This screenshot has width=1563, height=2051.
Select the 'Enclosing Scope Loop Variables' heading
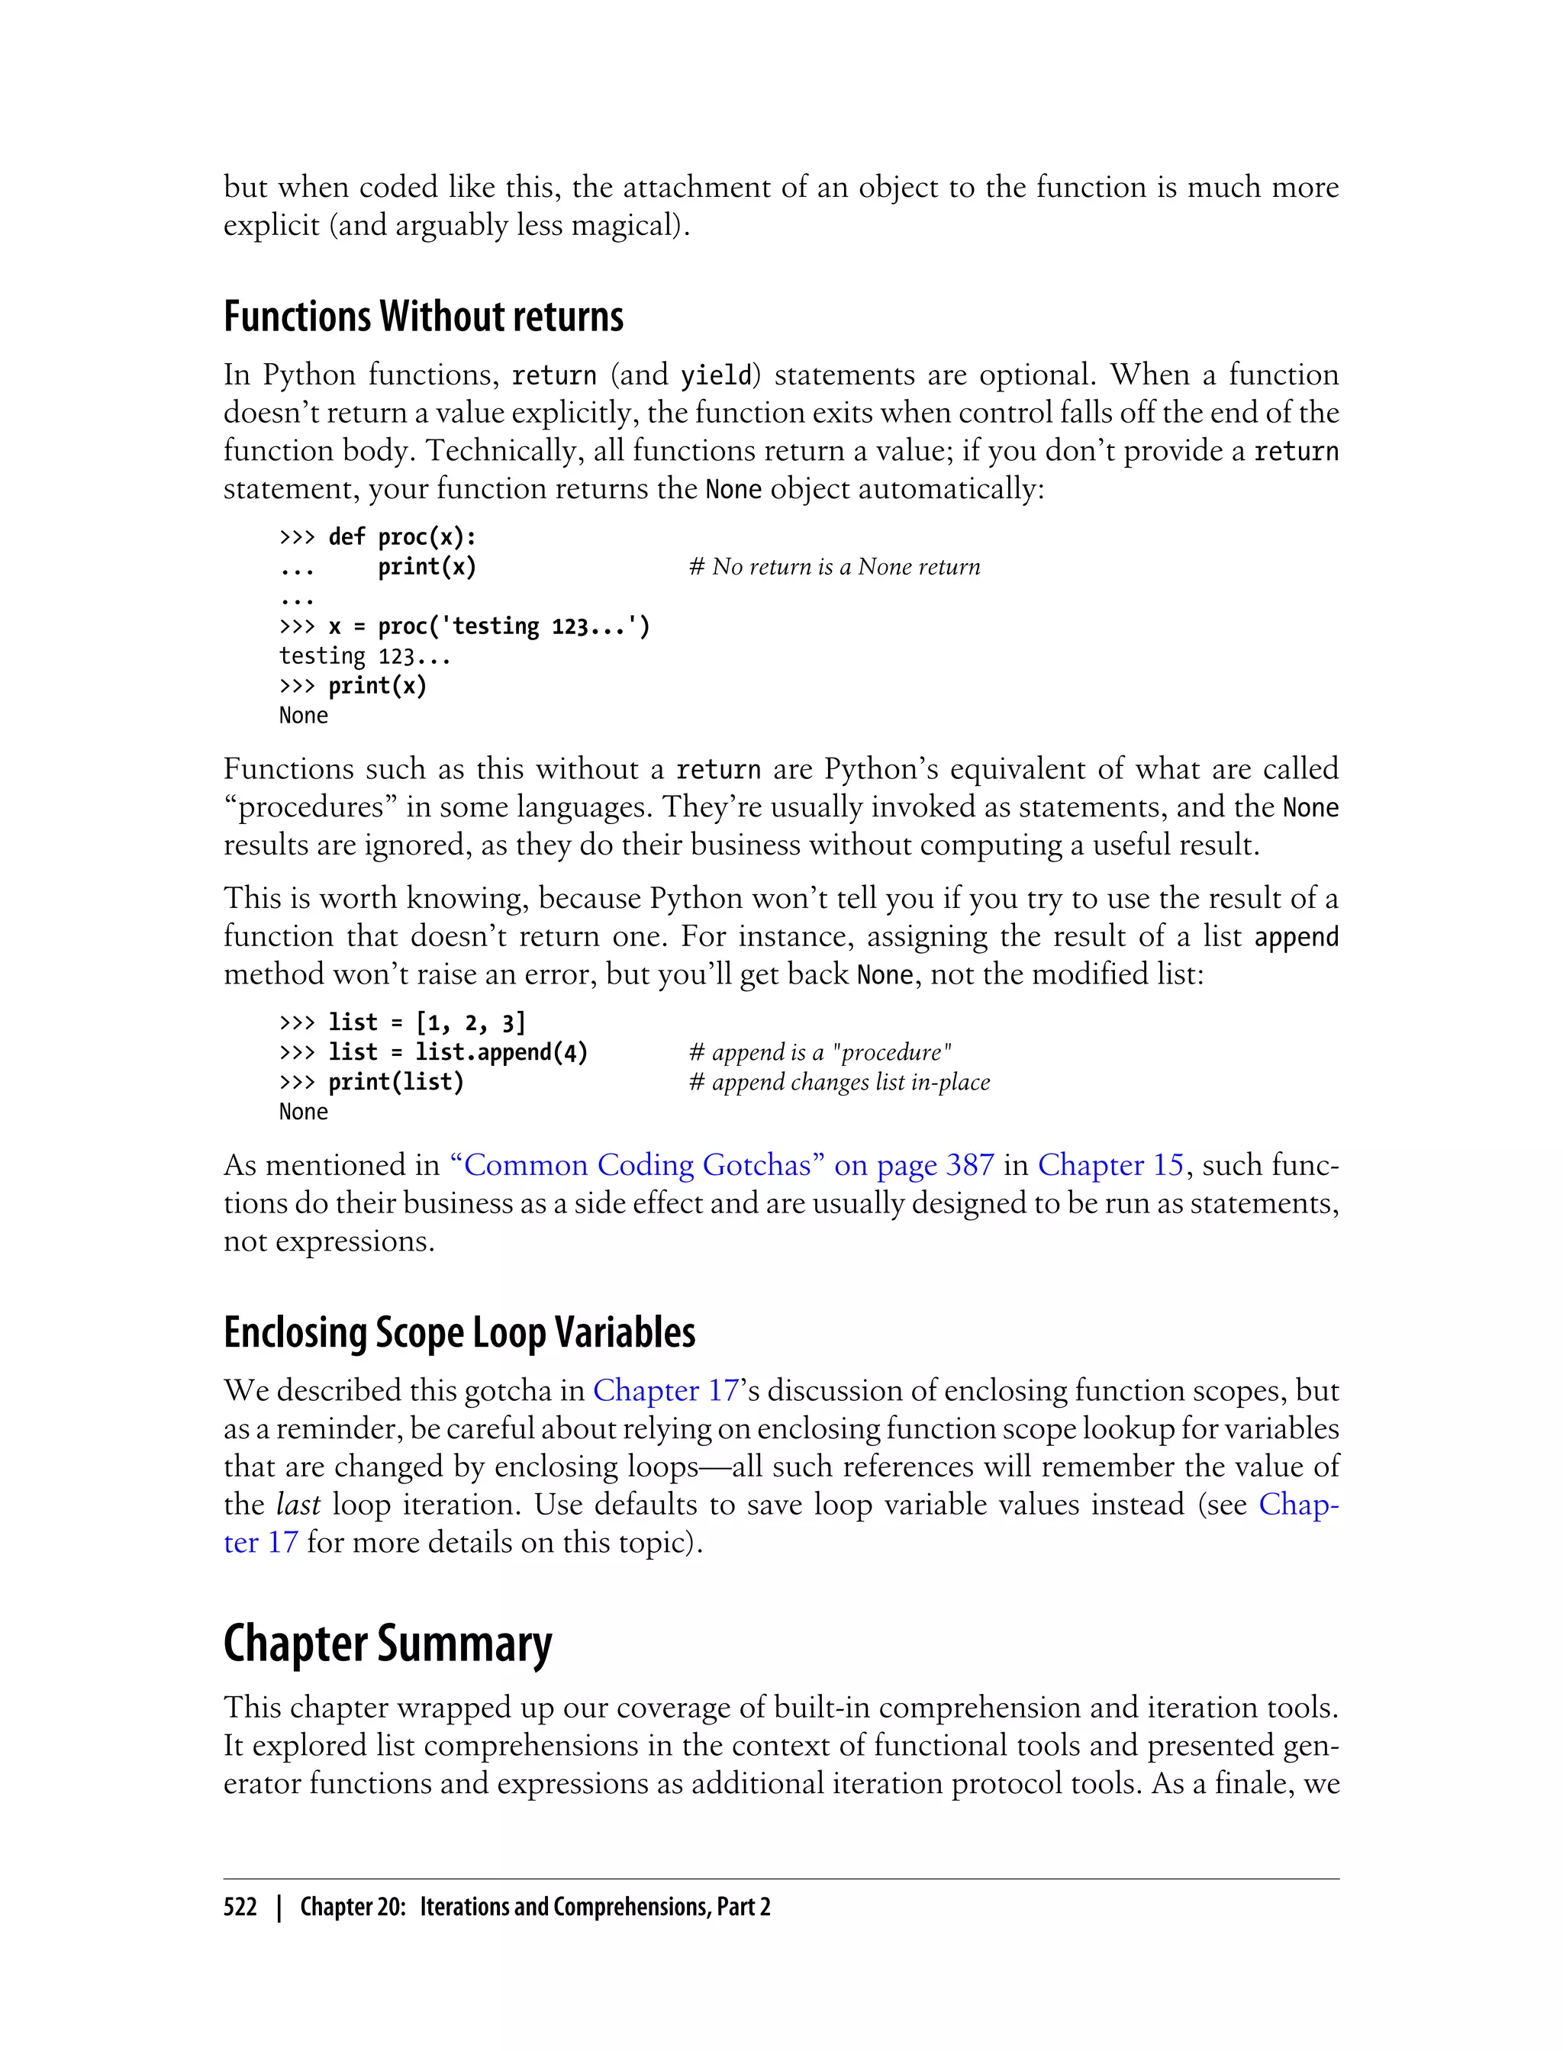pos(459,1332)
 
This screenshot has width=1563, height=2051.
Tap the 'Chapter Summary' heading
pos(387,1644)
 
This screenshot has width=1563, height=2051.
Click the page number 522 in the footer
pos(240,1907)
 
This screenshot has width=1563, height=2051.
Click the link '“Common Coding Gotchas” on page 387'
pos(722,1164)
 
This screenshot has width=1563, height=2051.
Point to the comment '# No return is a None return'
pos(834,566)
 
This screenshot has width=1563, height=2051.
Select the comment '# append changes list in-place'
pos(840,1082)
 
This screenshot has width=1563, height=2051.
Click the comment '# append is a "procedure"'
pos(820,1052)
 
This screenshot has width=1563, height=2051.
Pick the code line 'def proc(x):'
pos(402,536)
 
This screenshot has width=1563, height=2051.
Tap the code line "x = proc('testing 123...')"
pos(488,626)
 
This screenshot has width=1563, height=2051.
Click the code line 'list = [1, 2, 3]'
pos(427,1022)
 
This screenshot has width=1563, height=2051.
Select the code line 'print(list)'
pos(395,1082)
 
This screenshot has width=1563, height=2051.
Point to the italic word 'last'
pos(298,1504)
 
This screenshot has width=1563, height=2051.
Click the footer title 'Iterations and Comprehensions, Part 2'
pos(595,1907)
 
